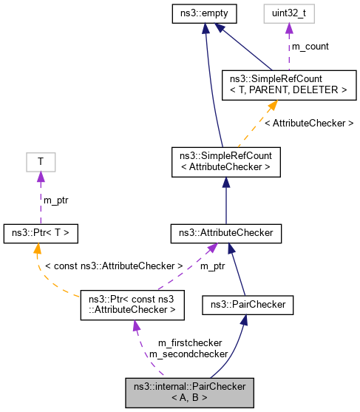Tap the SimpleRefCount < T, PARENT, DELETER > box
(285, 84)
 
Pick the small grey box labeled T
(41, 161)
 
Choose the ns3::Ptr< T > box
(41, 233)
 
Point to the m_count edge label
(310, 47)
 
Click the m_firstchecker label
(190, 343)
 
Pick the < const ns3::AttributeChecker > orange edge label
(114, 265)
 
